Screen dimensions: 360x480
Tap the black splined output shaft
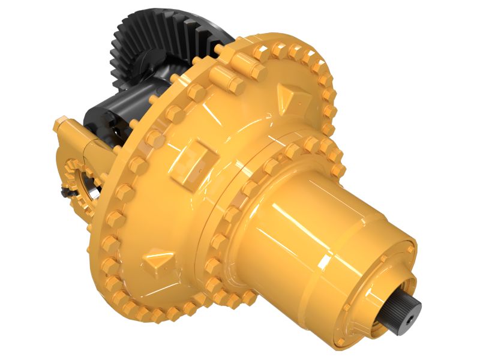tap(409, 306)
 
